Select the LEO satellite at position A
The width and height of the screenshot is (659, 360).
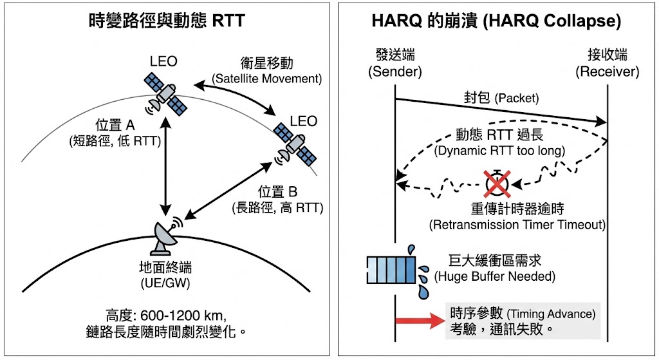(165, 94)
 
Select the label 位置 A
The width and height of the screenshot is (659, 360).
(115, 126)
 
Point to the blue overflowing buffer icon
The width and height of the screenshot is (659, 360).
(391, 270)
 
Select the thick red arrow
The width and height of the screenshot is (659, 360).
(419, 319)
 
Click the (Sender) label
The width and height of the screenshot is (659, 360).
(394, 71)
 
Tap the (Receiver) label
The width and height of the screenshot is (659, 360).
(607, 71)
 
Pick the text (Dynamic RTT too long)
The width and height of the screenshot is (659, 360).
(499, 151)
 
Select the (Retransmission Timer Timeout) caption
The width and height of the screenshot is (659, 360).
(517, 225)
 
